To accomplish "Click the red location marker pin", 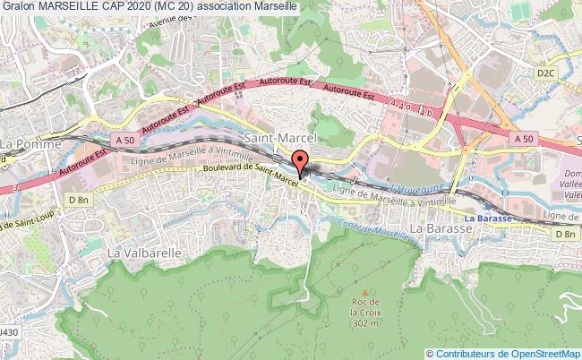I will pyautogui.click(x=300, y=162).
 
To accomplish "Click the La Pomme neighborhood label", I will pyautogui.click(x=30, y=143).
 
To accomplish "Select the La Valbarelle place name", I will pyautogui.click(x=144, y=253).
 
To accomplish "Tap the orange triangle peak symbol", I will pyautogui.click(x=364, y=291).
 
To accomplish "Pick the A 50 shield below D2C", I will pyautogui.click(x=525, y=139).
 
